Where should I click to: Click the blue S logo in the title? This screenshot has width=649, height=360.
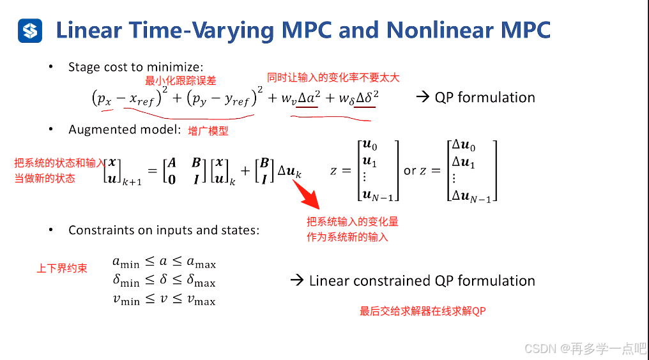click(30, 30)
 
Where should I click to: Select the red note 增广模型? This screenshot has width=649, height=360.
click(208, 131)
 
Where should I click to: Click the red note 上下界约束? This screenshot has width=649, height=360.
click(62, 268)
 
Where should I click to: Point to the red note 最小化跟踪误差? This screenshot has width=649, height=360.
click(181, 80)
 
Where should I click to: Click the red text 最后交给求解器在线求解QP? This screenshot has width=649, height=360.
click(424, 311)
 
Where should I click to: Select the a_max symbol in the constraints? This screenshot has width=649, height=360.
click(201, 262)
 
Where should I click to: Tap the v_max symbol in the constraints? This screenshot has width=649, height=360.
click(201, 299)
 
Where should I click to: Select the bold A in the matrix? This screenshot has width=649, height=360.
click(171, 163)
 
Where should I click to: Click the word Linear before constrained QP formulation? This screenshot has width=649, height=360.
click(329, 281)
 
